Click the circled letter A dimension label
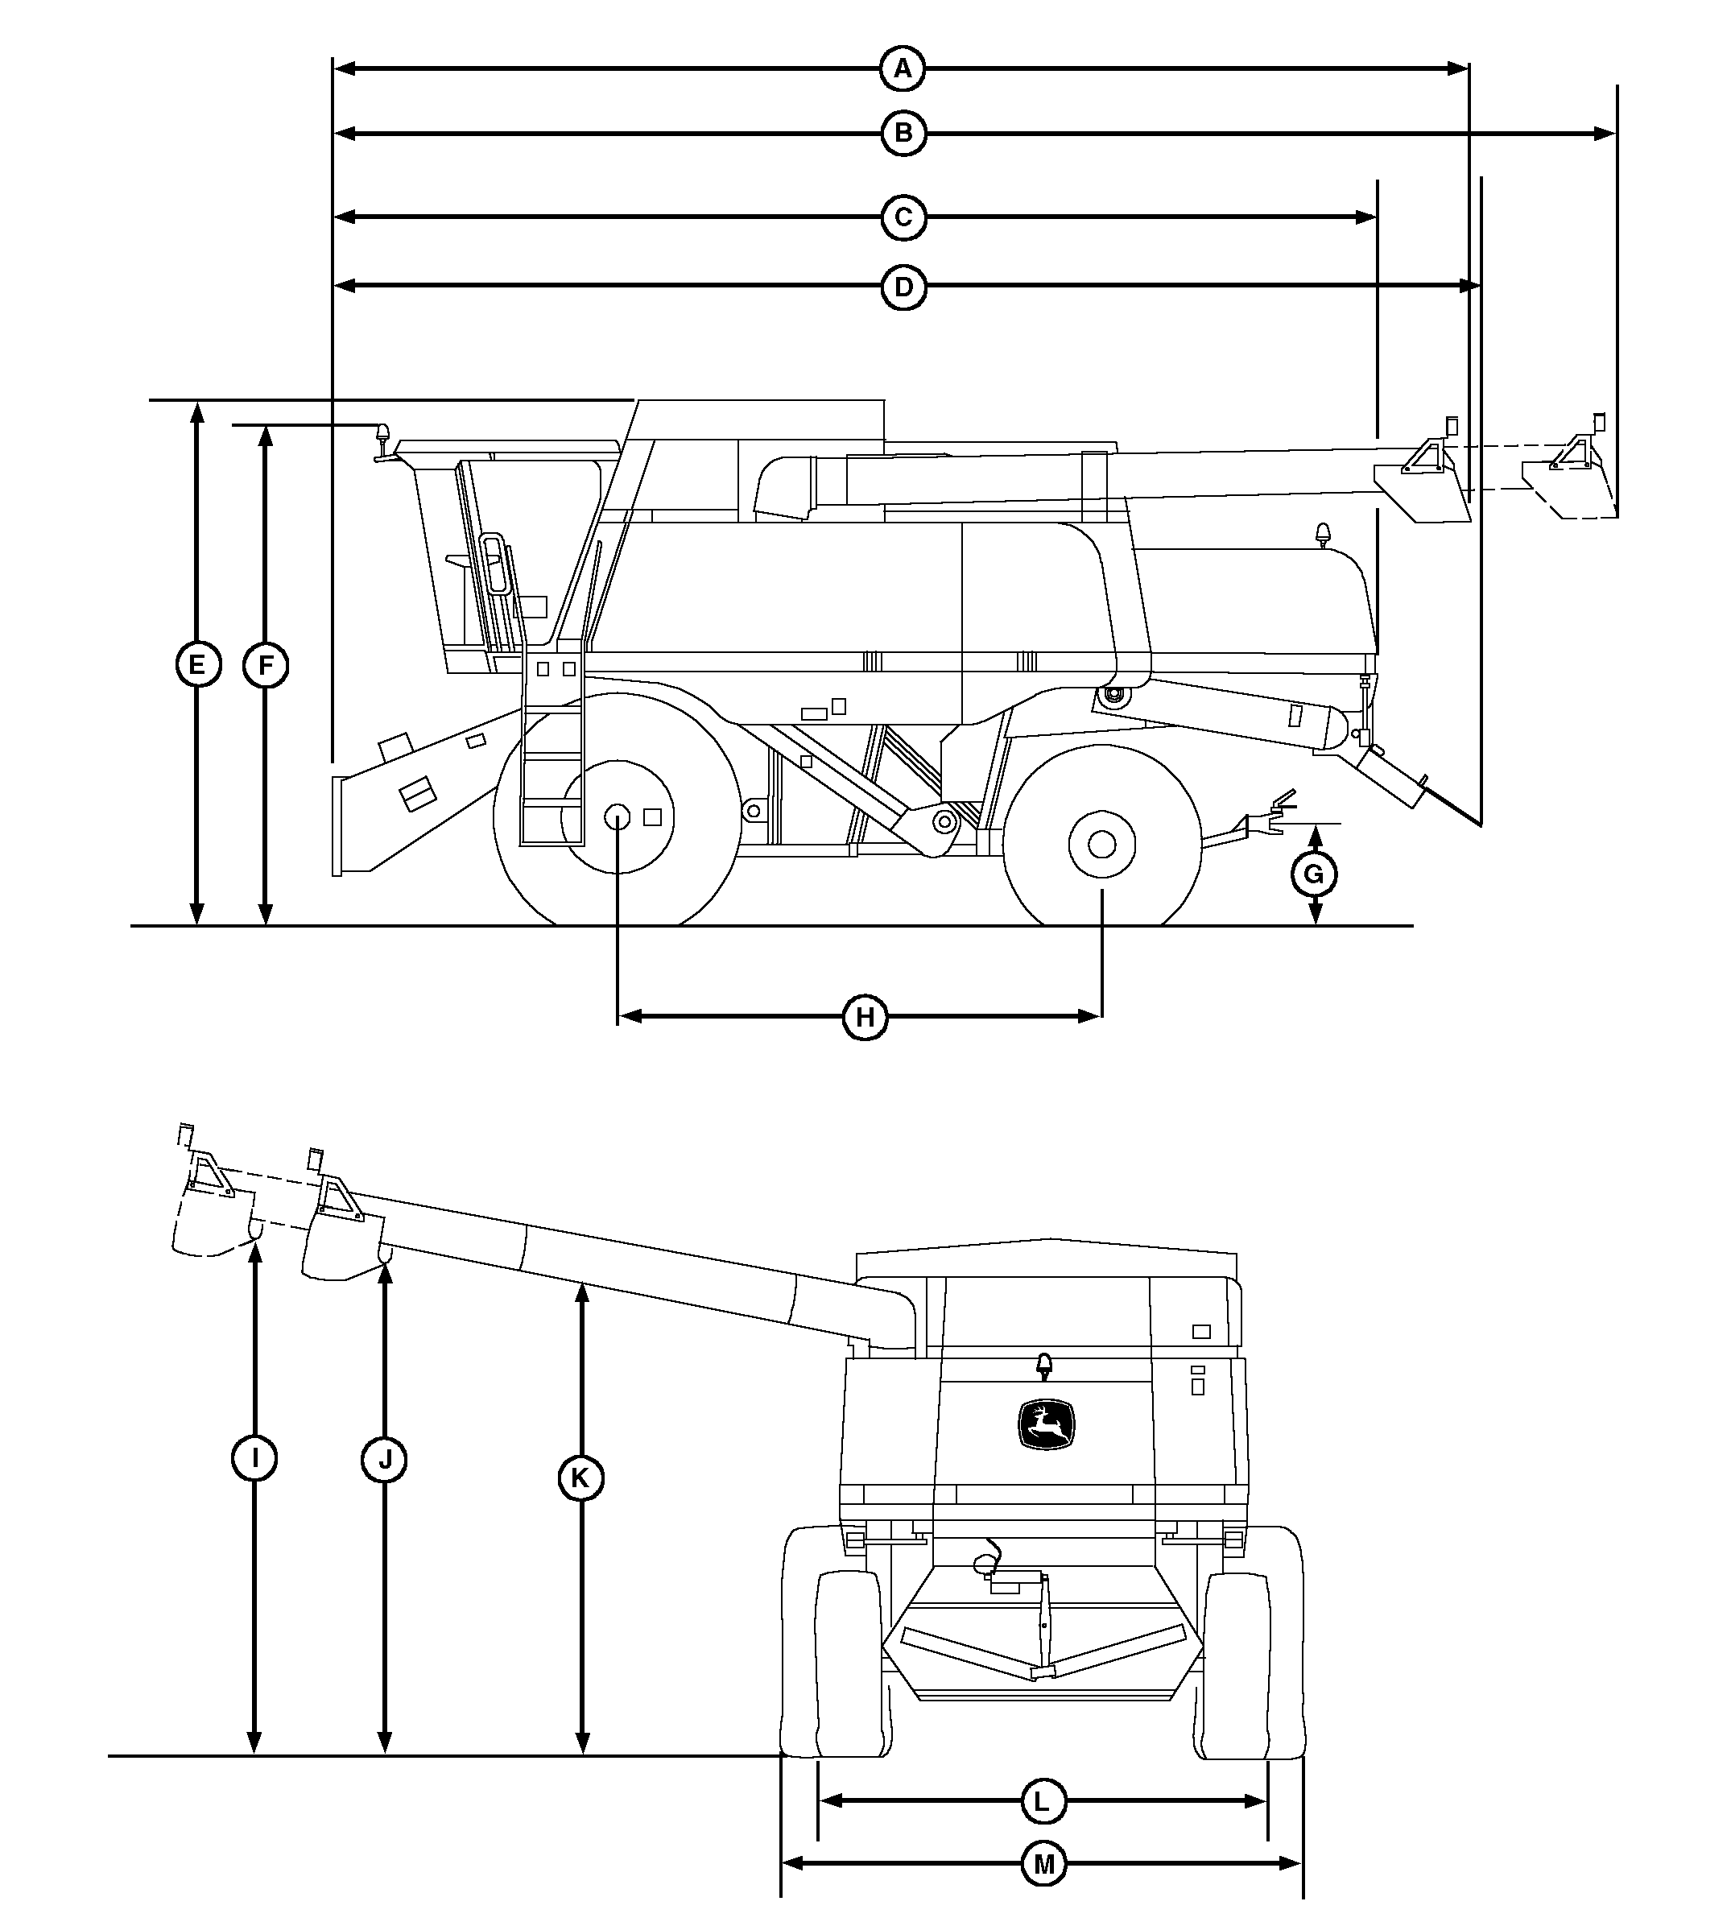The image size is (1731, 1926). [903, 68]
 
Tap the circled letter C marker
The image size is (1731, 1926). [903, 218]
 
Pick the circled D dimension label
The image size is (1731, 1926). [903, 287]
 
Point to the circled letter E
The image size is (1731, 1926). [197, 665]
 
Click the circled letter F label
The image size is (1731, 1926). [266, 665]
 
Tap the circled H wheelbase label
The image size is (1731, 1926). [865, 1017]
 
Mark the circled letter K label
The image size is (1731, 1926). [580, 1478]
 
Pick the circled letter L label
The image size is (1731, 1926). [1043, 1802]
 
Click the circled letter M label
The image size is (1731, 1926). [1043, 1864]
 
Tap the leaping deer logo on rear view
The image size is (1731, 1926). [1047, 1424]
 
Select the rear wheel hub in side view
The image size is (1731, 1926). [1102, 844]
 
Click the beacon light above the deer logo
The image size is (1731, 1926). [1044, 1366]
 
